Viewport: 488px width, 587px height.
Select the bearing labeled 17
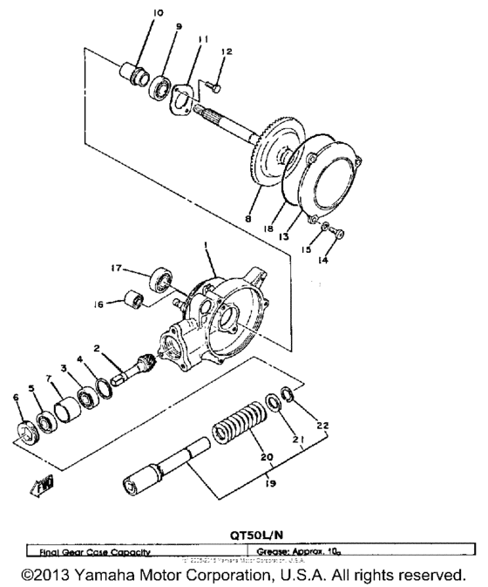pyautogui.click(x=160, y=279)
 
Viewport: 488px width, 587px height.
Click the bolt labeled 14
pyautogui.click(x=339, y=234)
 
